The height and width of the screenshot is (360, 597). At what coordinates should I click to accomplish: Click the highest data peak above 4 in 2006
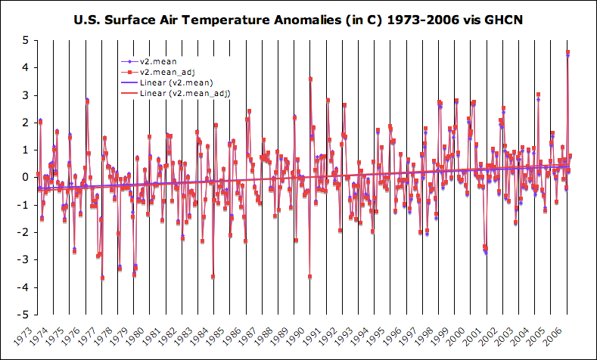(567, 52)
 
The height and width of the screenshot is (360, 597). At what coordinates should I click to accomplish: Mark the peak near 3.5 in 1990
(310, 79)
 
